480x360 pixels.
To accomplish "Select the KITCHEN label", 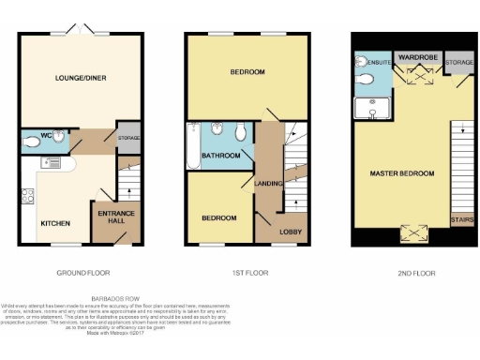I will (x=54, y=224).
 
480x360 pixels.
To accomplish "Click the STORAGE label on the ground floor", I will (x=128, y=138).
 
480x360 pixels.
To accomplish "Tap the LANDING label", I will (x=268, y=183).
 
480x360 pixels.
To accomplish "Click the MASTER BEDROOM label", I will (x=401, y=173).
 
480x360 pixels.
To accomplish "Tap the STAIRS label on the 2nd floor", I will (x=461, y=221).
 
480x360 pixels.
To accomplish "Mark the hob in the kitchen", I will (x=28, y=197).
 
